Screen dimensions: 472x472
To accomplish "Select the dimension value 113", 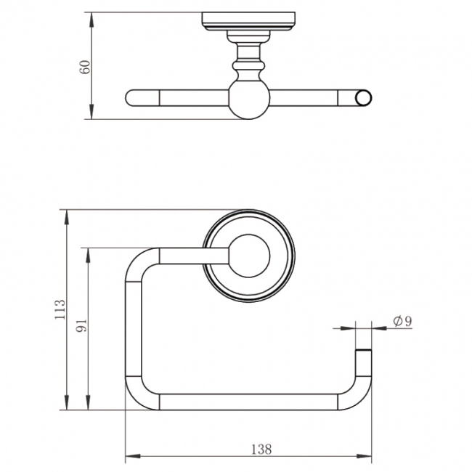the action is pyautogui.click(x=60, y=309).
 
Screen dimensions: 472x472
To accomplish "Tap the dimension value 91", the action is pyautogui.click(x=81, y=325).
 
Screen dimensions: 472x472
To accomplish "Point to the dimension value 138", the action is pyautogui.click(x=261, y=449).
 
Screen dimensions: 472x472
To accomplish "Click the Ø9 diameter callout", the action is pyautogui.click(x=402, y=321).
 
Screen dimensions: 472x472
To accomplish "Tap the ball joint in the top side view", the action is pyautogui.click(x=249, y=99).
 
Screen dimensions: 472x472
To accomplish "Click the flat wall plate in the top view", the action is pyautogui.click(x=248, y=21).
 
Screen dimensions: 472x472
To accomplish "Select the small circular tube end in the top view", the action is pyautogui.click(x=363, y=98).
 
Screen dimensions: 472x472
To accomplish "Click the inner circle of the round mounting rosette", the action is pyautogui.click(x=250, y=256).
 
